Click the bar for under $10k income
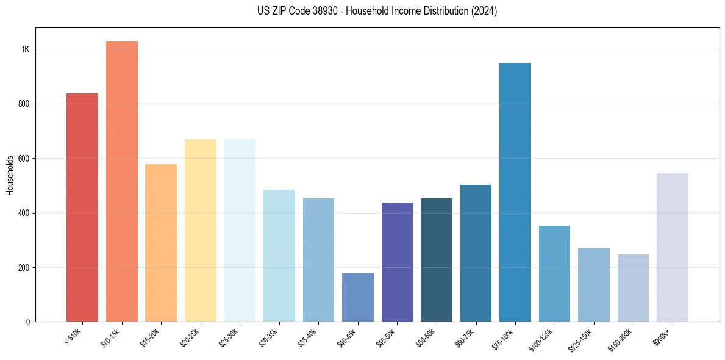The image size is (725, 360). tap(82, 207)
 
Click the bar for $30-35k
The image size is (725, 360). tap(279, 256)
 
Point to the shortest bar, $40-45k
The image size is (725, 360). tap(357, 298)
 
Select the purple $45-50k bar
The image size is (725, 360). tap(397, 262)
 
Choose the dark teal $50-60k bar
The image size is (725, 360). tap(437, 260)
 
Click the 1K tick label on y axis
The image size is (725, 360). tap(25, 49)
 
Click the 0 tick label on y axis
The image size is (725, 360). tap(27, 322)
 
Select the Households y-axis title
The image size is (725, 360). tap(10, 175)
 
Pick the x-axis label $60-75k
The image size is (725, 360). tap(467, 337)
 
